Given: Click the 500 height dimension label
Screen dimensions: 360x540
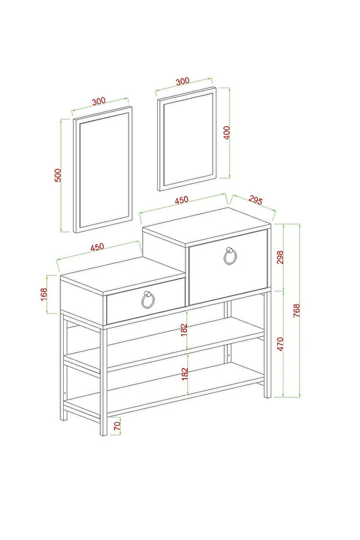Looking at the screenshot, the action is pos(58,175).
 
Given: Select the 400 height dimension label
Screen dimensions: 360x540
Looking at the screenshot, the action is pos(227,132).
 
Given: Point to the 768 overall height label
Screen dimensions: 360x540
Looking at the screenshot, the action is pos(297,310).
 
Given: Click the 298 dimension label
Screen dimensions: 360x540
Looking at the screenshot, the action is pos(280,258).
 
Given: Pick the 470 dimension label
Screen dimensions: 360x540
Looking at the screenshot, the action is pos(280,344).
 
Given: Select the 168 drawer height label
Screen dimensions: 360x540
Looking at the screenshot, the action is pos(43,295).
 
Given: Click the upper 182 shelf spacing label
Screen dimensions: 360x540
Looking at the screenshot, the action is pos(184,330).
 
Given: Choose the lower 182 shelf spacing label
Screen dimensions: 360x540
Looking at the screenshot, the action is pos(184,374).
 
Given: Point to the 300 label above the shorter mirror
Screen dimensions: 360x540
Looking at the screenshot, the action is pos(183,81).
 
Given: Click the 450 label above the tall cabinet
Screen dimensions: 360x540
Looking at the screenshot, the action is pos(181,200).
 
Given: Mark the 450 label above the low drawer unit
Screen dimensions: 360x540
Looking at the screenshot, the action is pos(97,247).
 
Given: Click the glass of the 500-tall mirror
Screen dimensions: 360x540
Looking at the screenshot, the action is pos(104,170).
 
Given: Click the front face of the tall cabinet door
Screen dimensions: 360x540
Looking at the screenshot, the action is pos(228,267).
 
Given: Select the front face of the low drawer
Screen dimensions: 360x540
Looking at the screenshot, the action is pos(146,302).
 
